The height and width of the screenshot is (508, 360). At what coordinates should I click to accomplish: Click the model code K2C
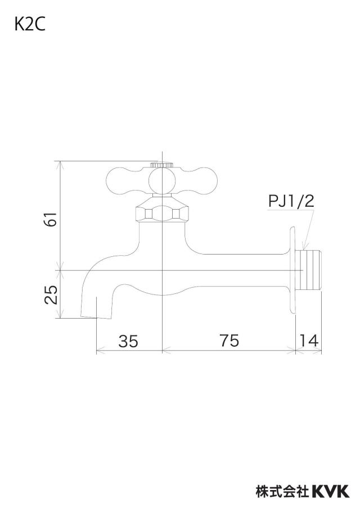[x=29, y=25]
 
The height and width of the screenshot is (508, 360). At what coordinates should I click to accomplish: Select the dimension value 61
[x=51, y=219]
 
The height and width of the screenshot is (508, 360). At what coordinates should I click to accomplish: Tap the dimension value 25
[x=51, y=294]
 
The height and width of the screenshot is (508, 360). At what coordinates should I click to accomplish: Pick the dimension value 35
[x=128, y=341]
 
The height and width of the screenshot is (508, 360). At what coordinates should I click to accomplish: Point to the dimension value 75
[x=229, y=341]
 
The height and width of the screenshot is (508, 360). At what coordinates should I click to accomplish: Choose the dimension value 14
[x=309, y=341]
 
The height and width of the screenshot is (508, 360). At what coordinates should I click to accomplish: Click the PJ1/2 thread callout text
[x=291, y=202]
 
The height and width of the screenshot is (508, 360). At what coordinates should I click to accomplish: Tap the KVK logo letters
[x=331, y=491]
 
